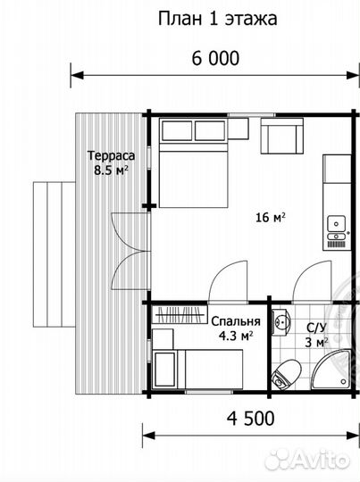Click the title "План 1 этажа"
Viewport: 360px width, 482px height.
(x=218, y=19)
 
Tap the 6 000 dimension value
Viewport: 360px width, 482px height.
(x=215, y=58)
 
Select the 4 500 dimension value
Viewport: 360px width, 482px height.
(x=250, y=418)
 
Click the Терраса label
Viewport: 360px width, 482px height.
(x=111, y=156)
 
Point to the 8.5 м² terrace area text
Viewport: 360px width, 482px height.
(x=111, y=170)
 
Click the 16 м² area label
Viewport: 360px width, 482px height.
(x=271, y=217)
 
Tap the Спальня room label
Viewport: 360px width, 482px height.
(x=236, y=321)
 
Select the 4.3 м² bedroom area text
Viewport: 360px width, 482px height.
(x=236, y=336)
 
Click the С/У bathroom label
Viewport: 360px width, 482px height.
(x=316, y=328)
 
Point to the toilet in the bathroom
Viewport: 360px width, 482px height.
(x=286, y=375)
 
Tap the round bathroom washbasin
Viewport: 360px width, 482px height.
(x=281, y=322)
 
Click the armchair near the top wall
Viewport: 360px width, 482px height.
(x=282, y=136)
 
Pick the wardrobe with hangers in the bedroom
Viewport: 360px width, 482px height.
(x=180, y=314)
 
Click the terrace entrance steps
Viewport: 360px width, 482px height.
(x=54, y=254)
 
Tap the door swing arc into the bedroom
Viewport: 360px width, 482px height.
(x=228, y=281)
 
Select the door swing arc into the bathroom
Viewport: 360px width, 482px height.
(x=312, y=281)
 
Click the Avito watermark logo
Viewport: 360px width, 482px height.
(x=307, y=460)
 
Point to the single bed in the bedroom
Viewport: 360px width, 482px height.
(x=197, y=370)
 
